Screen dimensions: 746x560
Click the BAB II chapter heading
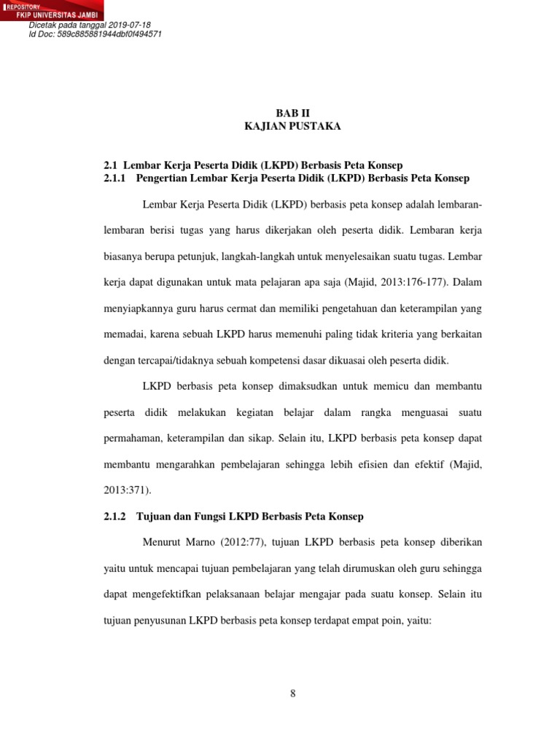tap(292, 113)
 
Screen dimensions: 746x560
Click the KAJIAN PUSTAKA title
tap(292, 126)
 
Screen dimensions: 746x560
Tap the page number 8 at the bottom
tap(292, 693)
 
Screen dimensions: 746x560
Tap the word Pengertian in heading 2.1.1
tap(162, 178)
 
